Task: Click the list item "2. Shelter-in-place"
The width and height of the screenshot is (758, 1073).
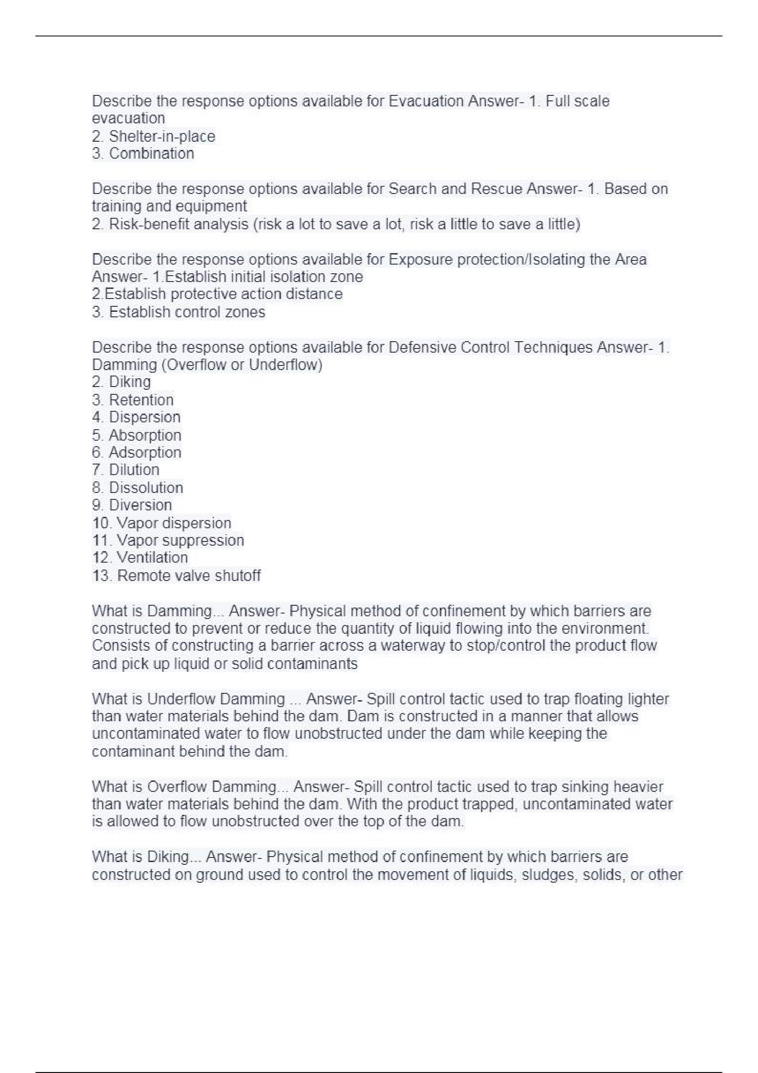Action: coord(154,137)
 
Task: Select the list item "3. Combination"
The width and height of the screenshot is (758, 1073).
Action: coord(143,154)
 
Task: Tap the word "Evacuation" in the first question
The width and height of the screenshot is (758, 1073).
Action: coord(426,101)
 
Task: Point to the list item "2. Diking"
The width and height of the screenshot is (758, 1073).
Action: coord(121,382)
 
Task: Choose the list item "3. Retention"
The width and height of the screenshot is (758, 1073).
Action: coord(132,400)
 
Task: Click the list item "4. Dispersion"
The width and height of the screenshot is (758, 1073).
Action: coord(136,417)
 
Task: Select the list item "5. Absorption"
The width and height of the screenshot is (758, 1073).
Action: coord(137,436)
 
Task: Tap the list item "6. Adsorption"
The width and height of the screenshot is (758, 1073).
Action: coord(137,453)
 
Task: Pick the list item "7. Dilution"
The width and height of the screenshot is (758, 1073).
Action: coord(126,470)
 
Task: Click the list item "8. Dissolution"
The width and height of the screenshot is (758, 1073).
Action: coord(137,488)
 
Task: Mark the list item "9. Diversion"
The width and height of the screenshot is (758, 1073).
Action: coord(132,506)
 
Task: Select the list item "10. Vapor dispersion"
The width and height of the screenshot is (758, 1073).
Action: coord(162,523)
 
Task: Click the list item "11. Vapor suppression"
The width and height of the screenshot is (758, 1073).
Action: coord(168,541)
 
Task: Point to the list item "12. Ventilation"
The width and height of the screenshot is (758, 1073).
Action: coord(140,558)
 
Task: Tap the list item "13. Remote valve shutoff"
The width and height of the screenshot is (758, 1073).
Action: coord(176,576)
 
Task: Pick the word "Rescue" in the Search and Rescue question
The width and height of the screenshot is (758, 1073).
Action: coord(496,189)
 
